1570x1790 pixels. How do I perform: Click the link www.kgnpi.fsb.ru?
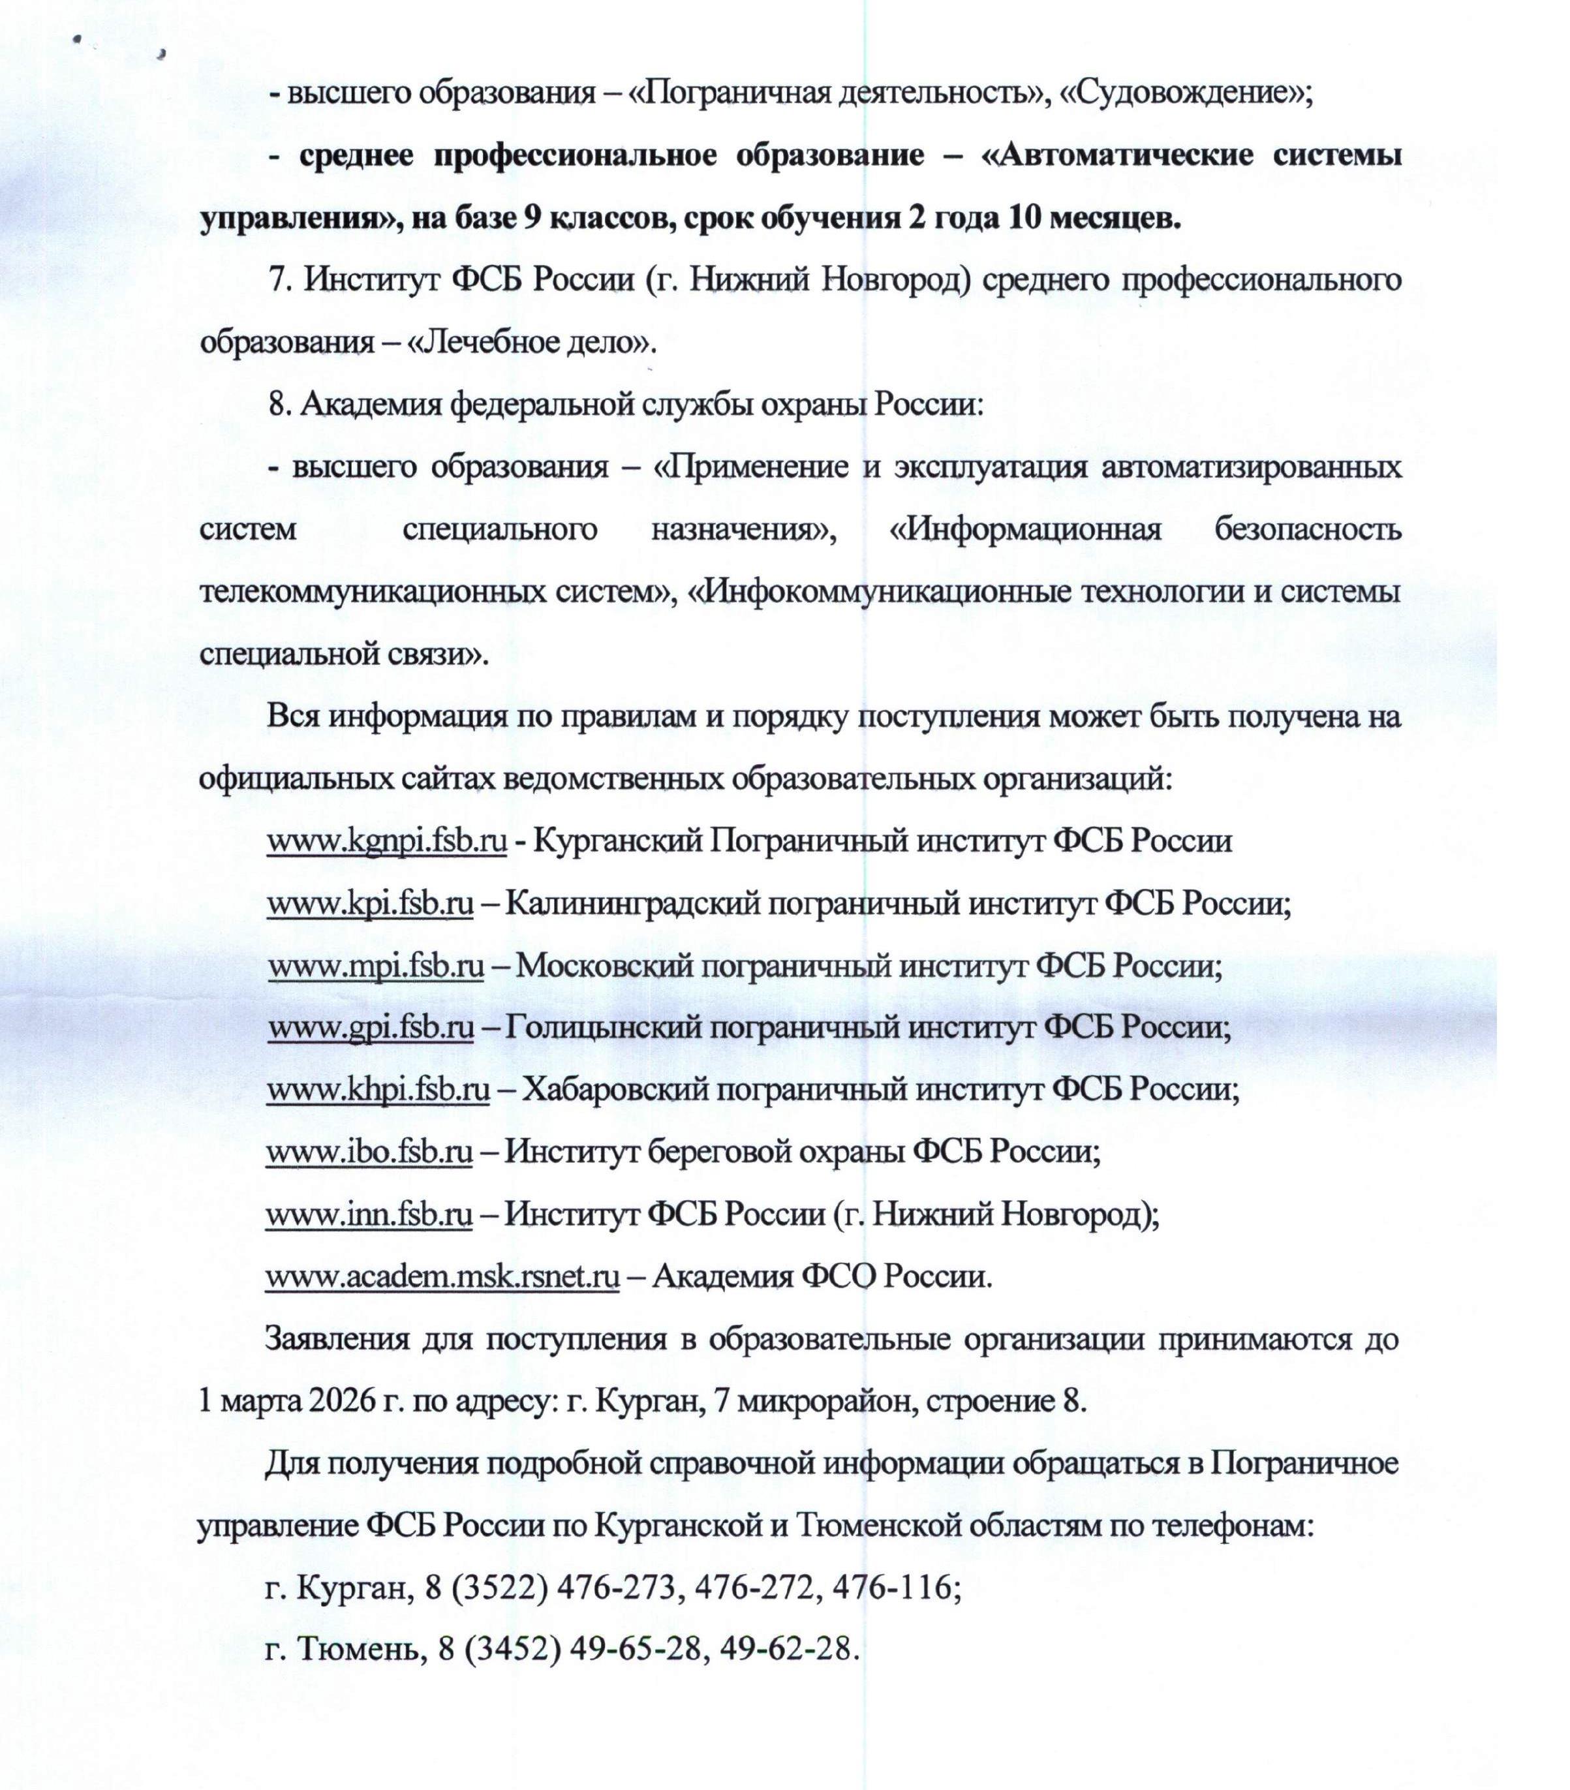(386, 841)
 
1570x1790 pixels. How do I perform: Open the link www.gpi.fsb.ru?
(371, 1026)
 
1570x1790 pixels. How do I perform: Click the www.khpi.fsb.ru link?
(377, 1089)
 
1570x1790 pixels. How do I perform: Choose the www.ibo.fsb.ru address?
(369, 1150)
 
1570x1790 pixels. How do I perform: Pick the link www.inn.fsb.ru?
(369, 1214)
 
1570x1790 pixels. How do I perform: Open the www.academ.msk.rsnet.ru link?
(442, 1276)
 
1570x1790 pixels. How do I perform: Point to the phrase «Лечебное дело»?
(531, 341)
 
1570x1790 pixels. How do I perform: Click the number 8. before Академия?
(280, 405)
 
